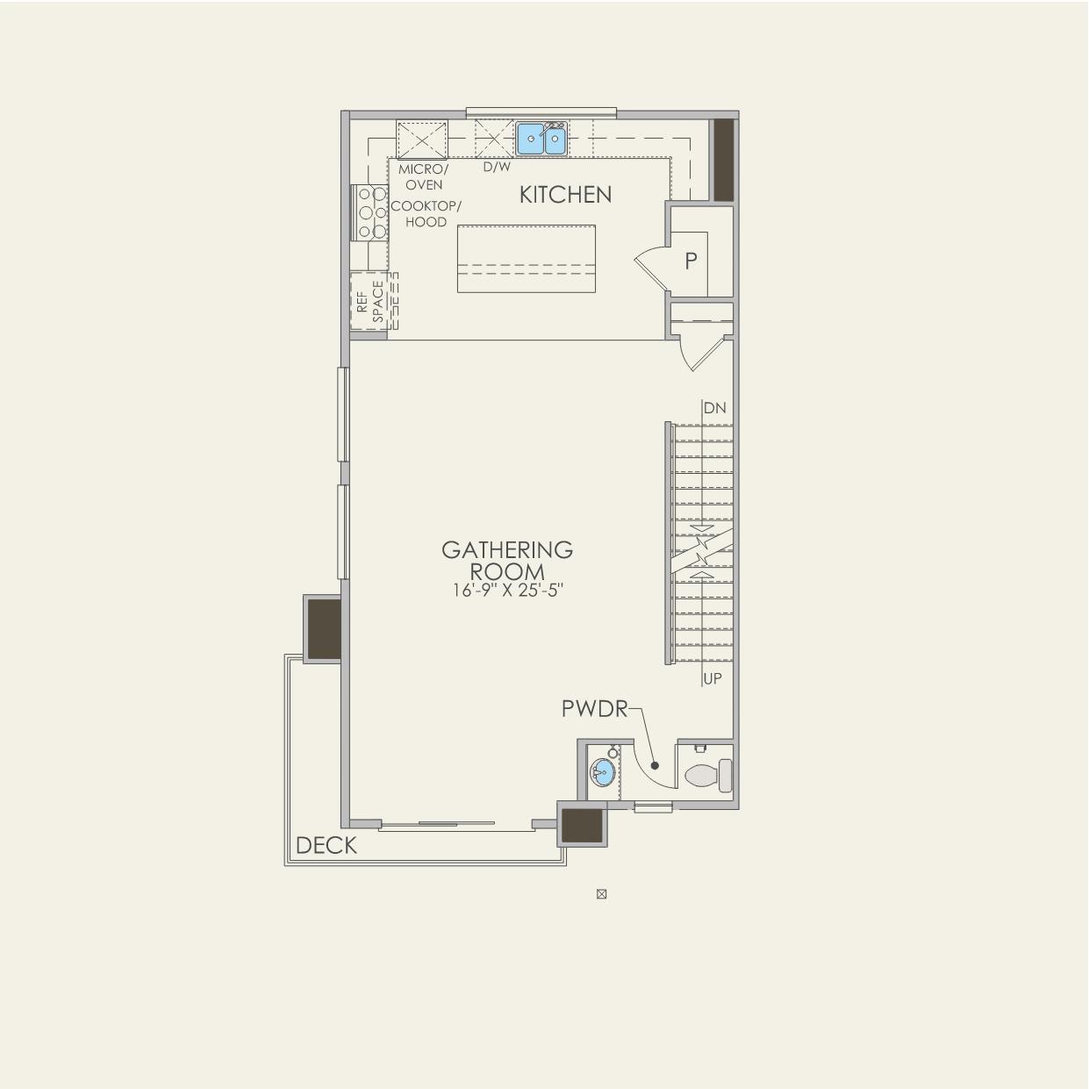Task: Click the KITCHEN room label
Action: coord(565,195)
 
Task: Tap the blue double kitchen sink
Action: coord(541,139)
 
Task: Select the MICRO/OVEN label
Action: coord(423,176)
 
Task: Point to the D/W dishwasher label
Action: coord(497,167)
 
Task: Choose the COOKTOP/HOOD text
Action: coord(426,214)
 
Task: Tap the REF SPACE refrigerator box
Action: coord(369,301)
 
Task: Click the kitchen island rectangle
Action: coord(526,259)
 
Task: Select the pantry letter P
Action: coord(691,261)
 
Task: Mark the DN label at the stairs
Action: coord(714,408)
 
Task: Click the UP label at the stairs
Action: coord(713,678)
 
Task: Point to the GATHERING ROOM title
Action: coord(507,561)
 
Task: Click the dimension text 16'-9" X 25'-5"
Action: coord(507,591)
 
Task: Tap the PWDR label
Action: coord(595,709)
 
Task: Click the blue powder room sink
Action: coord(602,774)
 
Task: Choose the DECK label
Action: coord(326,845)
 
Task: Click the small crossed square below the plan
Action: coord(601,894)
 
